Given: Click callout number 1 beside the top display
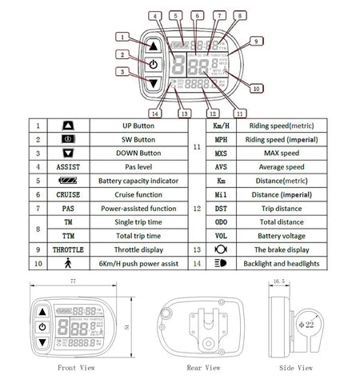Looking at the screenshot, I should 121,36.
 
